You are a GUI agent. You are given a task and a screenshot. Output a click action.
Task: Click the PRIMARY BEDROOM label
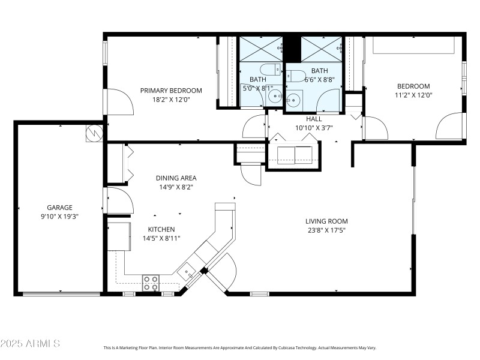point(171,91)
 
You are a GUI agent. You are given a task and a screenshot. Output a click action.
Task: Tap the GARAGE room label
point(59,208)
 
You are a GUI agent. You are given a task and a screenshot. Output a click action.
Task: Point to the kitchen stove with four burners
point(151,283)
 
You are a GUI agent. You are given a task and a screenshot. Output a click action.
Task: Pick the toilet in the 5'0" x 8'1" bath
point(271,68)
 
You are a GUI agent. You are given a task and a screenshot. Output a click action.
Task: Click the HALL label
point(314,119)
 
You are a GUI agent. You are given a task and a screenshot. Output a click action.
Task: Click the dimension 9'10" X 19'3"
point(59,216)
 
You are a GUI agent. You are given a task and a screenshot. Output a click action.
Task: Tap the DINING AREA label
point(176,178)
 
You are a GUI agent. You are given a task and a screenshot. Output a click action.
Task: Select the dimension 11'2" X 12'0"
point(413,95)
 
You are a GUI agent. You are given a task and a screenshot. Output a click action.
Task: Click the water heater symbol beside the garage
point(94,133)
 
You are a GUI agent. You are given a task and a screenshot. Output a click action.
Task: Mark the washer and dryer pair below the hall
point(295,155)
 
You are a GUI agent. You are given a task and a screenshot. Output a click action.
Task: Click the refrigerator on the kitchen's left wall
point(119,236)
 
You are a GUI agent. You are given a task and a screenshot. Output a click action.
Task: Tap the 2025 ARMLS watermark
point(30,344)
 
